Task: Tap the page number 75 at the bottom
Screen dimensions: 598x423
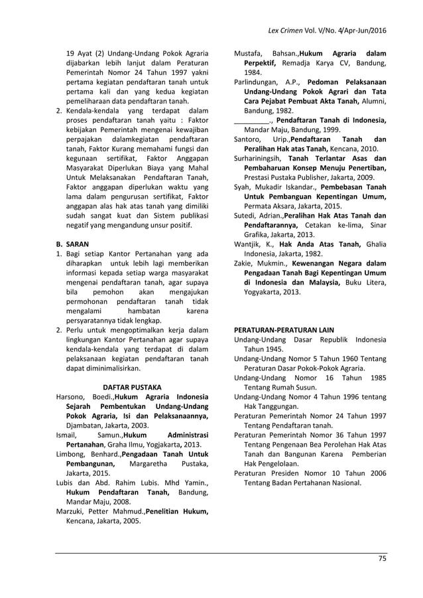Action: point(382,558)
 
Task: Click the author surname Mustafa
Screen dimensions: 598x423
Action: point(249,52)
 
